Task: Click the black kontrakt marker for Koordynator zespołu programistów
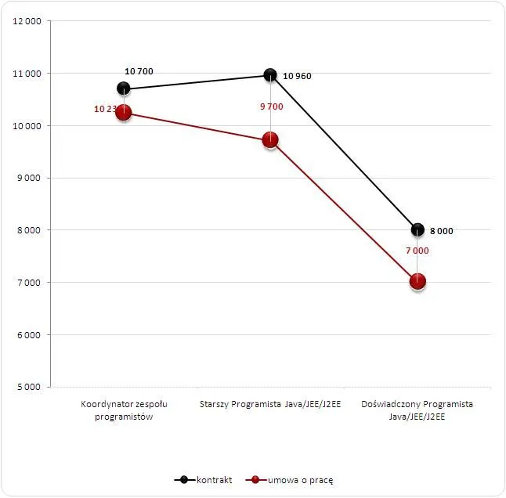click(123, 88)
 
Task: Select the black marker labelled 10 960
click(270, 74)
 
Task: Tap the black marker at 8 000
click(417, 229)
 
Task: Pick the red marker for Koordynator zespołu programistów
click(123, 113)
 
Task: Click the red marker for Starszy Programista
click(270, 140)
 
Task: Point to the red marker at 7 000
click(417, 282)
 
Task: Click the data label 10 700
click(139, 71)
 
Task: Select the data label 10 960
click(297, 77)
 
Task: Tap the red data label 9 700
click(271, 106)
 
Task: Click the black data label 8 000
click(441, 231)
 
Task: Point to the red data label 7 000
click(417, 251)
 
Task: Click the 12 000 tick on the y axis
click(27, 21)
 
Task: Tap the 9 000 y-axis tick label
click(29, 178)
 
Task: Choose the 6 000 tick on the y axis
click(29, 334)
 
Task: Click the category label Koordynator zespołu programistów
click(124, 410)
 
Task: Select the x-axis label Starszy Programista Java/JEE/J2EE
click(270, 405)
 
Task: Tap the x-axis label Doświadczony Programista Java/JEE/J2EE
click(417, 410)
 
